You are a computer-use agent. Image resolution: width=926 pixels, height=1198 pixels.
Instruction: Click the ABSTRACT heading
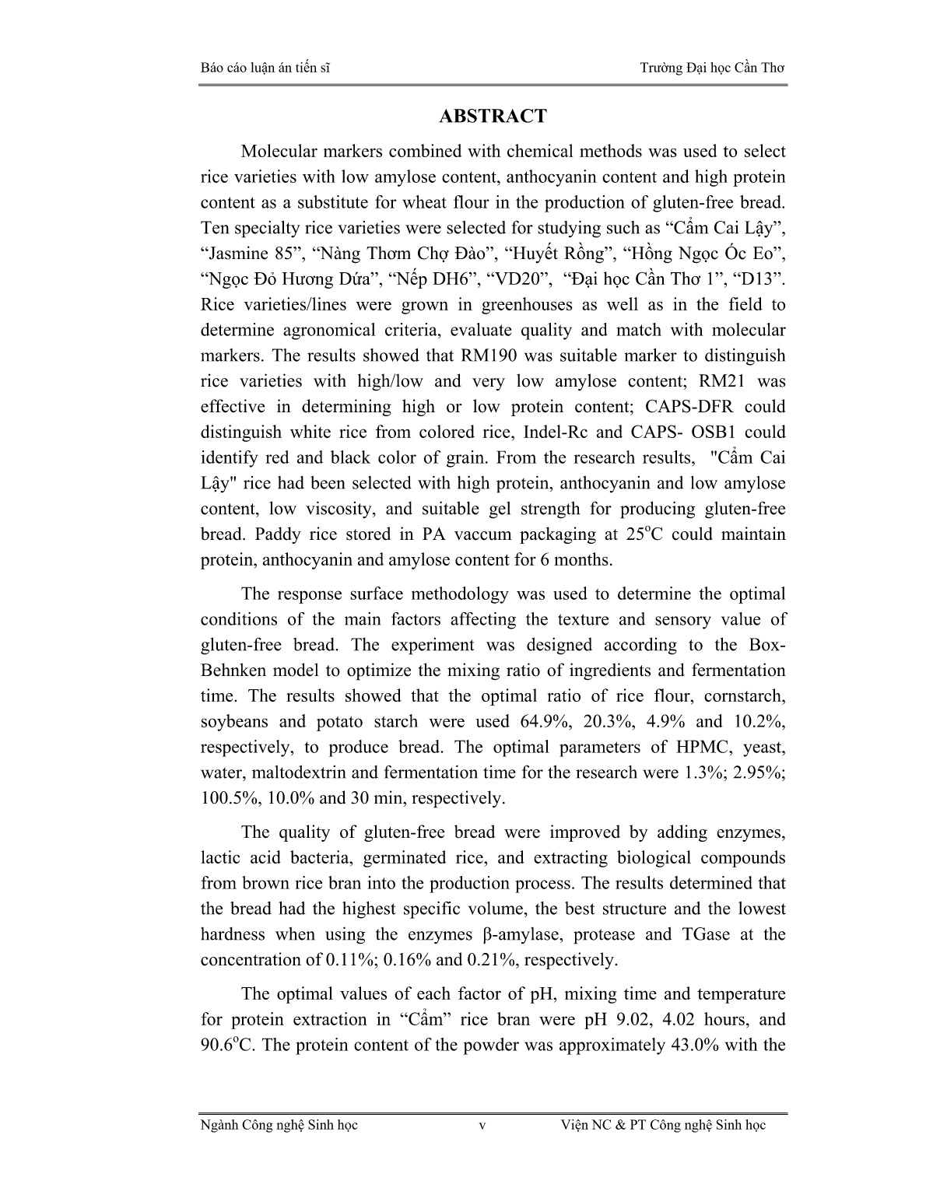pyautogui.click(x=493, y=117)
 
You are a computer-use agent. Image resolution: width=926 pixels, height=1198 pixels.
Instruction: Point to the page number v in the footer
pyautogui.click(x=482, y=1126)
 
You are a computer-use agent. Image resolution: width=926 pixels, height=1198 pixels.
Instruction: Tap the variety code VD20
pyautogui.click(x=512, y=279)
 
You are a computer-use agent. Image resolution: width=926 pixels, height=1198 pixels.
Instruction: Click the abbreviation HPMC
pyautogui.click(x=705, y=747)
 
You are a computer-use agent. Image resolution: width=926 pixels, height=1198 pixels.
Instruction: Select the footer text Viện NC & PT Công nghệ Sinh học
pyautogui.click(x=663, y=1125)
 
